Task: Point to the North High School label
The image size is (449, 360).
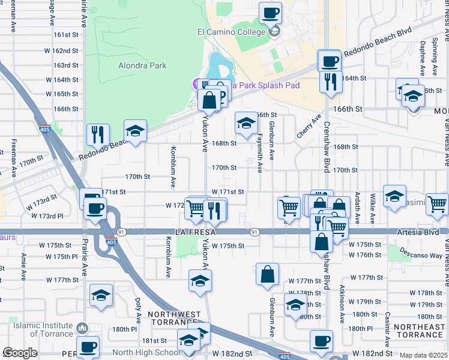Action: point(145,353)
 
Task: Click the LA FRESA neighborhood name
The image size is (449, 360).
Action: point(196,232)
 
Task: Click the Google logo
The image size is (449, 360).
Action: point(20,353)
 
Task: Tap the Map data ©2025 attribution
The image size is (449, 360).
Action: point(423,355)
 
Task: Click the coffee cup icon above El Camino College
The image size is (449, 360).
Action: point(270,12)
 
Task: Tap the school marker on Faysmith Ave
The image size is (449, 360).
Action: point(246,123)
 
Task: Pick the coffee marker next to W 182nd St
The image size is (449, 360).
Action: point(321,341)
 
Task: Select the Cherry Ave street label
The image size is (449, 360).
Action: point(309,127)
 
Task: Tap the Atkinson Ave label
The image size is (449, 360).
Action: point(342,297)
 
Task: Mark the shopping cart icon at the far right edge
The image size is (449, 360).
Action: point(436,204)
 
